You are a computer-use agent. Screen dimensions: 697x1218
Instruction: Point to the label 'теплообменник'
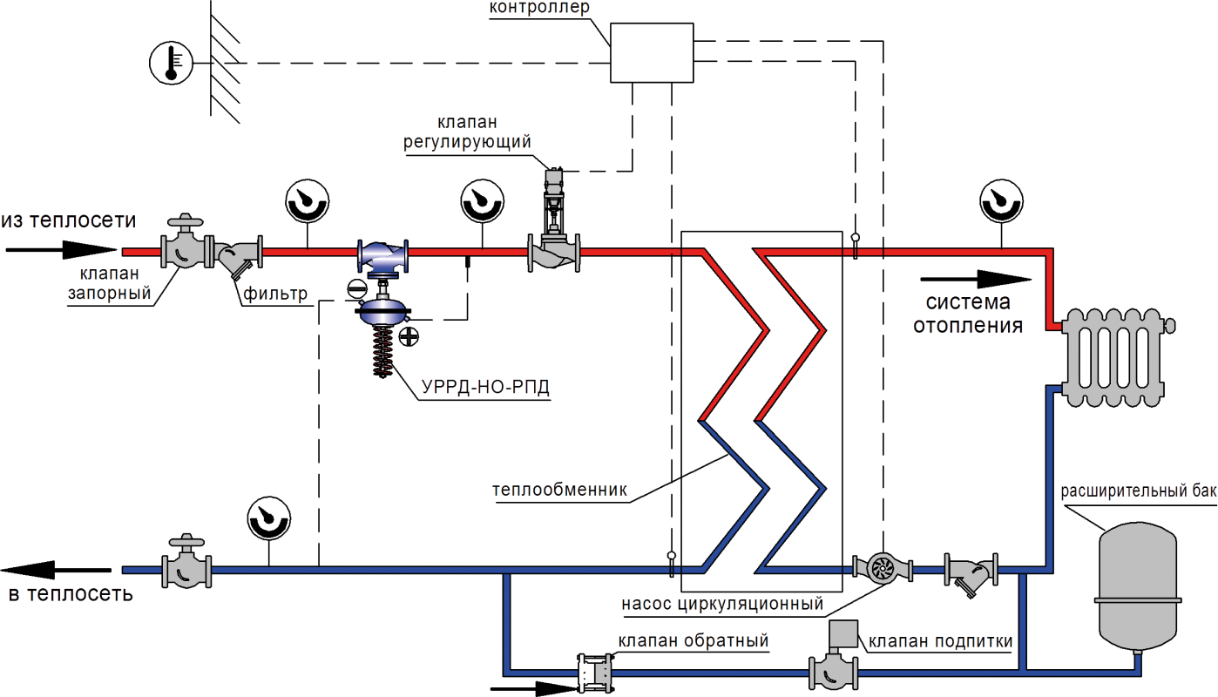pyautogui.click(x=559, y=490)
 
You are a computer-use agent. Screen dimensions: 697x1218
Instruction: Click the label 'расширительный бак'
pyautogui.click(x=1138, y=491)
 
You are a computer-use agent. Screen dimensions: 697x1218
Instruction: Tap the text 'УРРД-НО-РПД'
pyautogui.click(x=485, y=387)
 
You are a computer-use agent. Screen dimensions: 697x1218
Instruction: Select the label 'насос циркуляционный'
pyautogui.click(x=721, y=604)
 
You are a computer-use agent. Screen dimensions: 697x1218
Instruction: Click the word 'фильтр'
pyautogui.click(x=275, y=294)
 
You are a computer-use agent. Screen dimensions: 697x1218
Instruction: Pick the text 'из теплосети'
pyautogui.click(x=69, y=220)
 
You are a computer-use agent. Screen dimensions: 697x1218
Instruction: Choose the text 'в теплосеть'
pyautogui.click(x=71, y=596)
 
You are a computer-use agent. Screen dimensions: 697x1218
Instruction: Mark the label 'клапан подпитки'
pyautogui.click(x=941, y=641)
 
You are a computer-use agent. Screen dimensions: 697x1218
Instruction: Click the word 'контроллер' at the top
pyautogui.click(x=539, y=7)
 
